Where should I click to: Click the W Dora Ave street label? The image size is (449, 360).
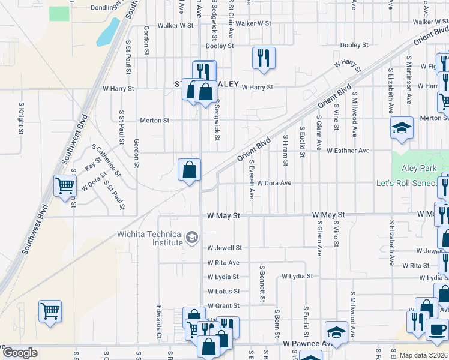point(274,183)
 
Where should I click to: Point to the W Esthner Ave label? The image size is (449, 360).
point(348,151)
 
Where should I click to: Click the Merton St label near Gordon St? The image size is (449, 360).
point(154,121)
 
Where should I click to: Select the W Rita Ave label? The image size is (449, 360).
point(224,263)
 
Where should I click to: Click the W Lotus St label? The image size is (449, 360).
point(223,292)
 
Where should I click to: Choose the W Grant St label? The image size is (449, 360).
point(223,306)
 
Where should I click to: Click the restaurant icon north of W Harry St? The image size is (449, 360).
point(264,58)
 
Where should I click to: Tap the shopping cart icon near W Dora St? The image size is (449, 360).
point(65,185)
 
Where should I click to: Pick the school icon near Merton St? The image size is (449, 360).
point(402,128)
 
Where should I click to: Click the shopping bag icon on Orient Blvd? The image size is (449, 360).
point(189,170)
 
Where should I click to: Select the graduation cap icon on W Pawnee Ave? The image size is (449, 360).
point(336,332)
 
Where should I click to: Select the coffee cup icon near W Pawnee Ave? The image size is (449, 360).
point(437,329)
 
